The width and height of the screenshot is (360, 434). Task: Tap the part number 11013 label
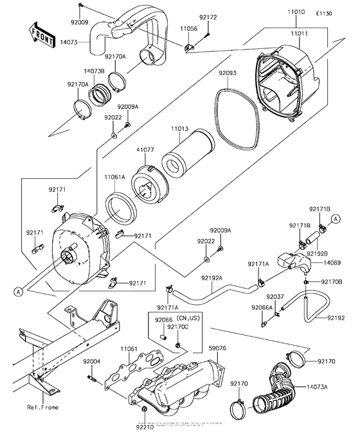click(181, 129)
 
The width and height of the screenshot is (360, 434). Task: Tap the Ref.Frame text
click(40, 407)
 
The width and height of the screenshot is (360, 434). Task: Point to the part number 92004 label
click(91, 363)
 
